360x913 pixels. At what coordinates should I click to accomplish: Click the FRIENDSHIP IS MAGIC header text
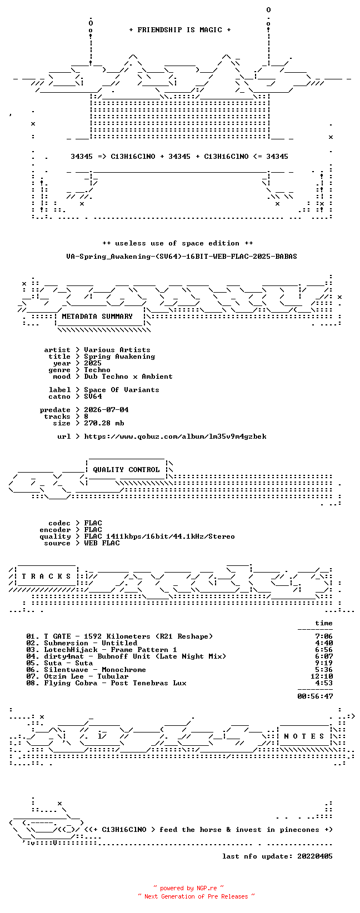click(180, 30)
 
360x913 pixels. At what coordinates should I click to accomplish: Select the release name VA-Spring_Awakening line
click(182, 257)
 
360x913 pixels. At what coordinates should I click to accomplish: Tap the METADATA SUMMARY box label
click(97, 317)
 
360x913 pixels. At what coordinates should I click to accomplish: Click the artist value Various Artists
click(117, 350)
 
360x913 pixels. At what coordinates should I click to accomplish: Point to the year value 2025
click(93, 363)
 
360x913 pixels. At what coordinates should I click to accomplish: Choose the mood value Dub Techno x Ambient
click(128, 377)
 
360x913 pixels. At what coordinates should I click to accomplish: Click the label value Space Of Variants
click(122, 390)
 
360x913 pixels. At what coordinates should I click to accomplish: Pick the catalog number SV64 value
click(93, 396)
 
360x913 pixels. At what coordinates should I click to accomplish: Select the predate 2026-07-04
click(106, 410)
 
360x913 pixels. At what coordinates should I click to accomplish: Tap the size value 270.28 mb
click(103, 423)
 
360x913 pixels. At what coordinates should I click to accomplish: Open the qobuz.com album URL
click(175, 437)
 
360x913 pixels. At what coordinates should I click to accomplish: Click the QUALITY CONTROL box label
click(126, 469)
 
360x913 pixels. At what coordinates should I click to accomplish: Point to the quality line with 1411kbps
click(159, 536)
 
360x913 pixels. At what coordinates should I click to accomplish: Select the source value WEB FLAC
click(102, 543)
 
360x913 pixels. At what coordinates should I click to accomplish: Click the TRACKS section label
click(46, 576)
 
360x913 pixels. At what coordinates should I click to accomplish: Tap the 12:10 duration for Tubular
click(321, 676)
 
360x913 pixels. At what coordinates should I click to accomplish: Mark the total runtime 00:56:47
click(315, 696)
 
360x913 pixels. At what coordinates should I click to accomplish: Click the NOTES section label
click(304, 736)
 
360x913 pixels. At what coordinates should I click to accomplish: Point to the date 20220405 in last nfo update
click(315, 856)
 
